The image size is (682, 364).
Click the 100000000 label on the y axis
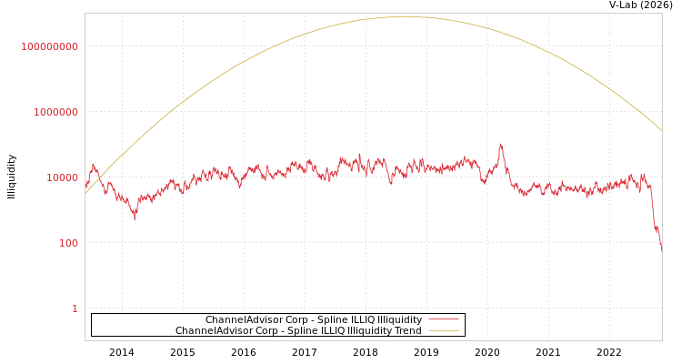pos(50,46)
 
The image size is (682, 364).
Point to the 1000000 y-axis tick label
pos(56,112)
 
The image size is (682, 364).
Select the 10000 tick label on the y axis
pos(63,177)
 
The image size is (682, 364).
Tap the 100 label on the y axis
pos(69,243)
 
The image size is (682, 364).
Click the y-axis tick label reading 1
pos(75,308)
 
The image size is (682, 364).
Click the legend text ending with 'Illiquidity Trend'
pos(298,331)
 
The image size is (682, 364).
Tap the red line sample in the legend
pos(443,320)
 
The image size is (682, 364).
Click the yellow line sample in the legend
pos(443,331)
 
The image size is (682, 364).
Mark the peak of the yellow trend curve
pos(404,16)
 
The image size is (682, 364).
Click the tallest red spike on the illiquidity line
pos(500,144)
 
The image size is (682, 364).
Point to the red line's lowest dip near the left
pos(135,218)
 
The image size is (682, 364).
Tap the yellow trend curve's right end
pos(661,131)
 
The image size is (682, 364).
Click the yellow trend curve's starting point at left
pos(85,193)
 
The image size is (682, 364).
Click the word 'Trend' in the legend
pos(407,331)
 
